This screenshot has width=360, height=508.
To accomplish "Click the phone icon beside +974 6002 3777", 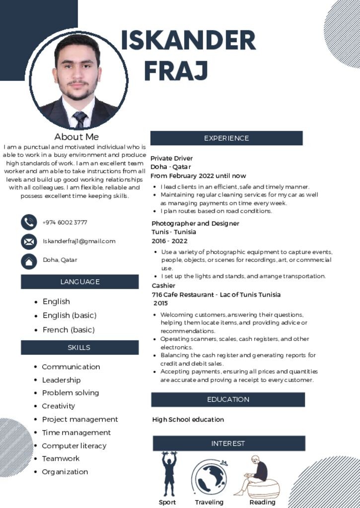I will point(29,222).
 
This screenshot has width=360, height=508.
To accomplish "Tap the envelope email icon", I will point(29,242).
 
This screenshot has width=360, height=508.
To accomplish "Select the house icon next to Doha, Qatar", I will point(29,261).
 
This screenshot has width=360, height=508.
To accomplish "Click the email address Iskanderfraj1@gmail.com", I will point(79,241).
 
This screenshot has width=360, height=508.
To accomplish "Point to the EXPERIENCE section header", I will point(226,138).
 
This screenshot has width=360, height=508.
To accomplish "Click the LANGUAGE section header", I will point(79,282).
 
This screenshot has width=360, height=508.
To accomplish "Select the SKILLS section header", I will point(79,347).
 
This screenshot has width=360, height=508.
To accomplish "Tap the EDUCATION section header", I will point(228,399).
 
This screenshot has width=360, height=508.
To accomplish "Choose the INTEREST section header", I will point(228,444).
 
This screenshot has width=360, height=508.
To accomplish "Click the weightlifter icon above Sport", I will point(169,474).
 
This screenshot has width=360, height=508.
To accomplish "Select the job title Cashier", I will point(163,286).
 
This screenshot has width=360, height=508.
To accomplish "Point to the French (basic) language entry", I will point(69,330).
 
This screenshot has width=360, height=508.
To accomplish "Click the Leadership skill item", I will point(61,380).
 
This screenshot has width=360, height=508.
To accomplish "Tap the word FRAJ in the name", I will point(176,70).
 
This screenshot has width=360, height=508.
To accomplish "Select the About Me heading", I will point(76,137).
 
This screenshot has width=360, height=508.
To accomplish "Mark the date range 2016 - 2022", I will point(169,241).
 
